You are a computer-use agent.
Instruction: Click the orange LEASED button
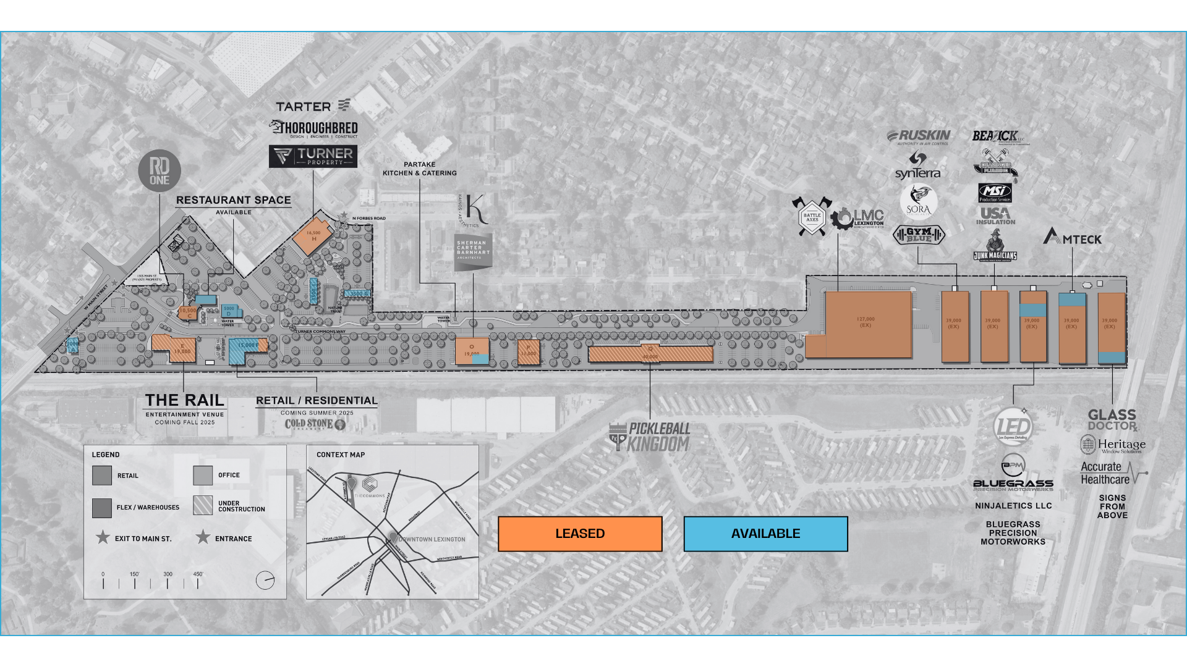[x=580, y=534]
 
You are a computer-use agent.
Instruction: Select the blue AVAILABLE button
[x=765, y=534]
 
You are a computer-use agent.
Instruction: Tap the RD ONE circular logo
[x=160, y=170]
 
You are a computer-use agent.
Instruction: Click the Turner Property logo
[x=313, y=156]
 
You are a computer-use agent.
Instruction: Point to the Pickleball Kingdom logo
[x=650, y=437]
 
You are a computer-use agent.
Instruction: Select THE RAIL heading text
[x=185, y=400]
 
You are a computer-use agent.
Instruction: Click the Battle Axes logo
[x=812, y=217]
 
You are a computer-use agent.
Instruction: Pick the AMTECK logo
[x=1072, y=237]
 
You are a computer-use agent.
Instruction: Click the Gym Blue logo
[x=919, y=235]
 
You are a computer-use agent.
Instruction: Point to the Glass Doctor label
[x=1112, y=420]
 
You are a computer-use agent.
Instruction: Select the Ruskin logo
[x=919, y=136]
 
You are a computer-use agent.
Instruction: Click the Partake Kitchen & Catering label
[x=420, y=169]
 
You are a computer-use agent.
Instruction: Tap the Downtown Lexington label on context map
[x=432, y=539]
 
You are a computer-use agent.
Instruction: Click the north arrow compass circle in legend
[x=265, y=581]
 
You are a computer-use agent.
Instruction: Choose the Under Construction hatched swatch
[x=203, y=505]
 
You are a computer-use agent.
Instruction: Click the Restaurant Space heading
[x=234, y=200]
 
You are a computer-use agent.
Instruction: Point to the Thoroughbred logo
[x=313, y=128]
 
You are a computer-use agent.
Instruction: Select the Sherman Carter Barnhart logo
[x=473, y=251]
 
